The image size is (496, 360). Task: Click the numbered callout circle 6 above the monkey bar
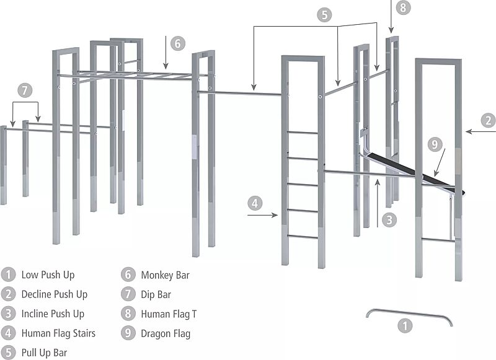177,43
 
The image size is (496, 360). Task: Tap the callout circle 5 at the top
325,15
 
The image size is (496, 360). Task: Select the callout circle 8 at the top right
404,8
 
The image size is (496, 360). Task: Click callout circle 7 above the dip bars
24,90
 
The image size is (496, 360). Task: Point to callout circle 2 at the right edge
489,120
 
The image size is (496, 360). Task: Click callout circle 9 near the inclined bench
435,144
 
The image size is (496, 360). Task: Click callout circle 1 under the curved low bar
404,325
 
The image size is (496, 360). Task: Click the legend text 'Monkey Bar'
165,274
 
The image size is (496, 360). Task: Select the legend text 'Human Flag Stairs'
58,333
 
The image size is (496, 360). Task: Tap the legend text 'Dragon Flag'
166,333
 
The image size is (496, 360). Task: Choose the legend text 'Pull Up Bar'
44,353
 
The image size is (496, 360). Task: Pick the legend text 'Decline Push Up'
55,294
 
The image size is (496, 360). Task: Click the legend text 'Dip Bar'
156,294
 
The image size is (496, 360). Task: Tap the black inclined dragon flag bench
409,170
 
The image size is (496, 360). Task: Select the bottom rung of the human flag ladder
303,236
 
